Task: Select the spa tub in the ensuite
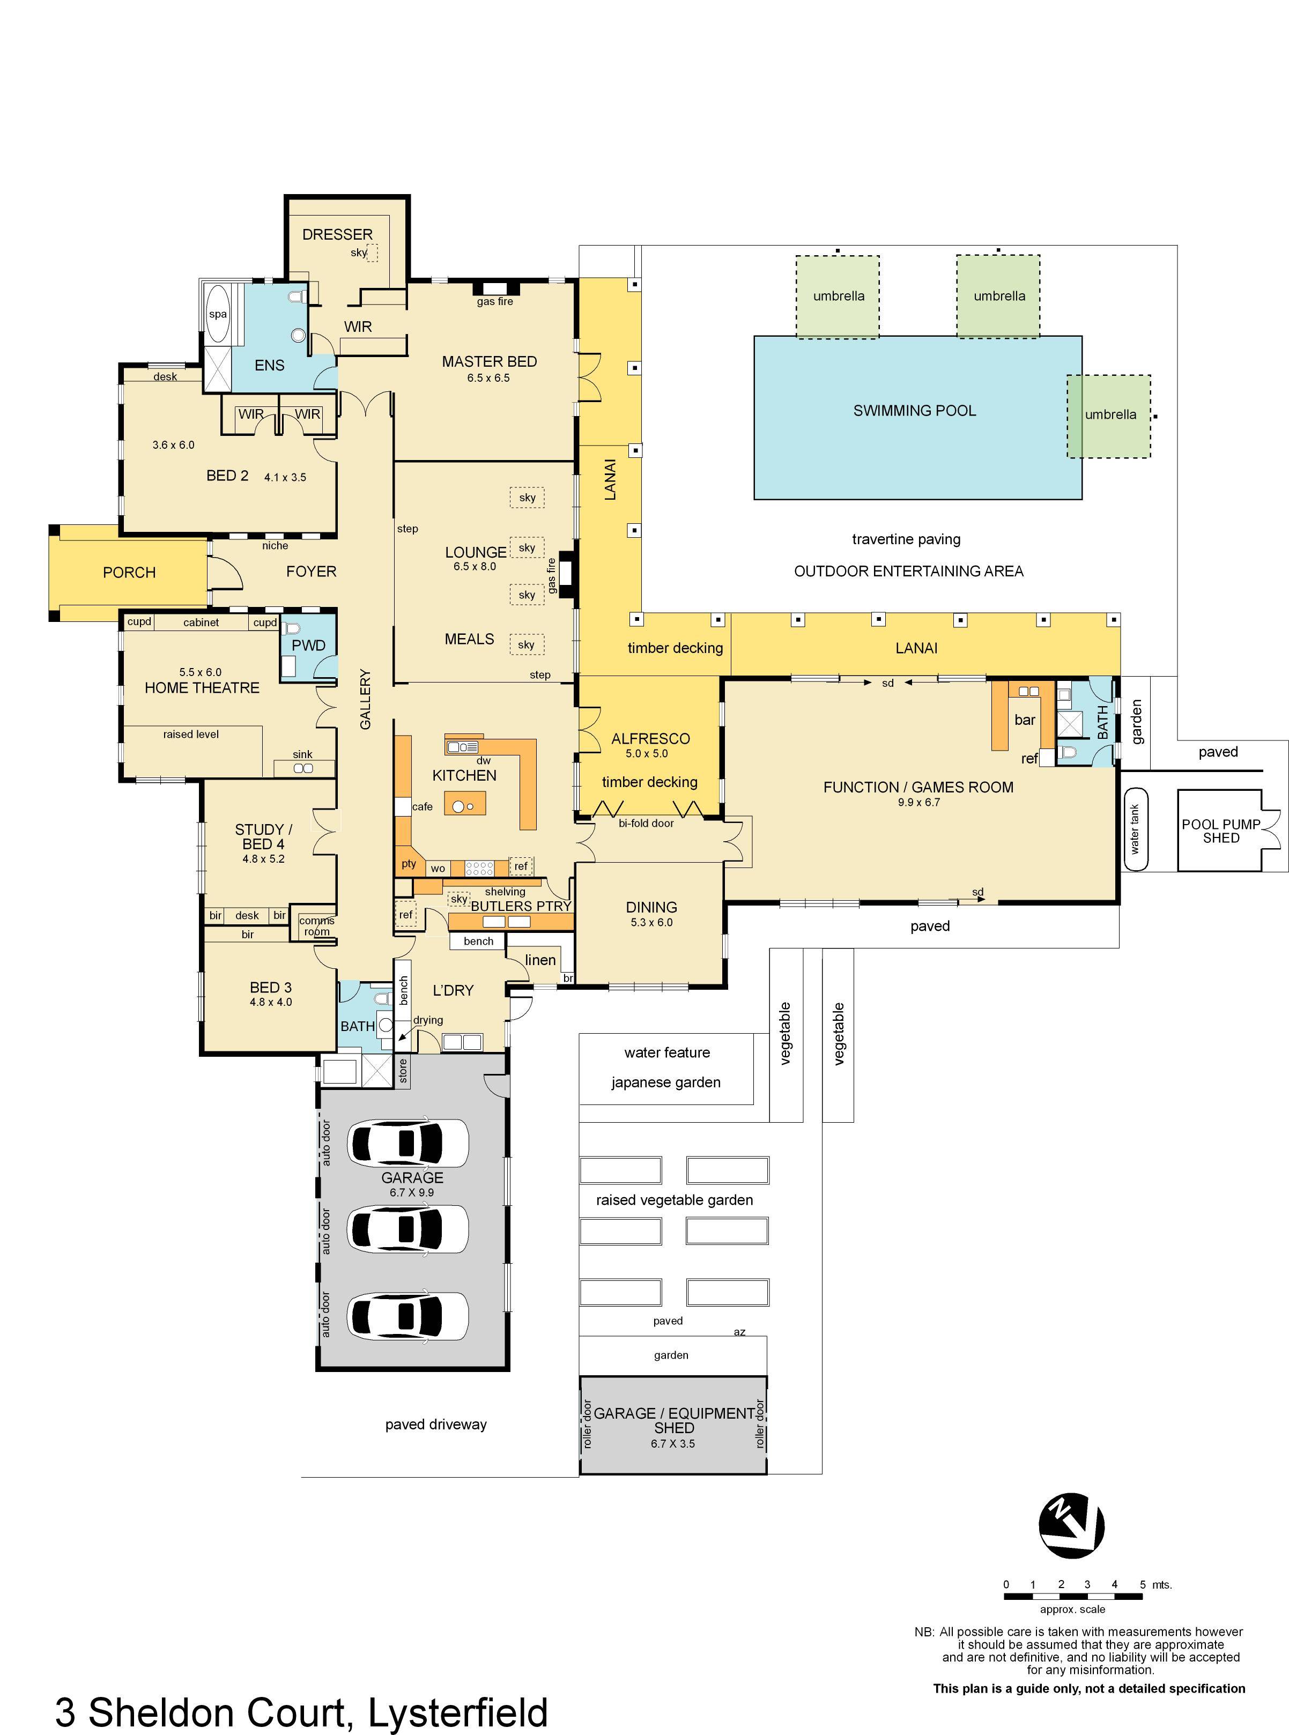point(218,314)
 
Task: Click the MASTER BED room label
point(489,361)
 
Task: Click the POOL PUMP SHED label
point(1220,831)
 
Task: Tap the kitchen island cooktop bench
point(465,804)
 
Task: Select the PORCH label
point(130,573)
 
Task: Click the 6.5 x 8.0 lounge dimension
point(475,566)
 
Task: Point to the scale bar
point(1073,1597)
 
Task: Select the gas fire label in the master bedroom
point(495,301)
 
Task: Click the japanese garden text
point(665,1082)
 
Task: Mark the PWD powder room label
point(308,645)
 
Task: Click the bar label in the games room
point(1025,720)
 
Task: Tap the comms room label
point(317,926)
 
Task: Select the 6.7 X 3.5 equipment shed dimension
point(672,1443)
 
